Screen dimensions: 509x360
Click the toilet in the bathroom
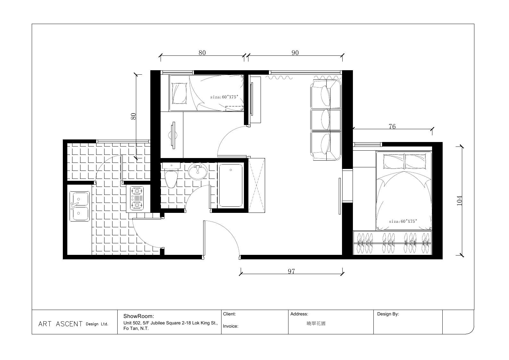[171, 175]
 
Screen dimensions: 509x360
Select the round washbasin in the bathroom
[198, 171]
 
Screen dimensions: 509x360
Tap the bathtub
[231, 185]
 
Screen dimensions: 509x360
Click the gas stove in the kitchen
[137, 198]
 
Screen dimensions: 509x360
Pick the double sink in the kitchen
[79, 206]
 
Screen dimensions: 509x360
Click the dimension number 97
[291, 272]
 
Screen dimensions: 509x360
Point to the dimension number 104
[459, 201]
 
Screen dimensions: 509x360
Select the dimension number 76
[392, 127]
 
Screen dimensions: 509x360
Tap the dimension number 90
[295, 53]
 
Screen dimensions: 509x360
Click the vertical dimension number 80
[133, 116]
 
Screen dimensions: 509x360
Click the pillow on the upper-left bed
[179, 93]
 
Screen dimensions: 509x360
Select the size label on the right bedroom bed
[403, 222]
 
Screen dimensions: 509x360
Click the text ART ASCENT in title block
[60, 324]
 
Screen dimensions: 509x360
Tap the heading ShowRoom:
[138, 316]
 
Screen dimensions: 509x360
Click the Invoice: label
[230, 326]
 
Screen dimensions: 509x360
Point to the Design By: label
[388, 314]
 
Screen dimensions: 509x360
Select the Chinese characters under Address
[316, 323]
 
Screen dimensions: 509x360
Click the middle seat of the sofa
[326, 120]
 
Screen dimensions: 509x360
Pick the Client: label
[229, 314]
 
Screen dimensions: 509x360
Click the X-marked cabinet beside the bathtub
[256, 186]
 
